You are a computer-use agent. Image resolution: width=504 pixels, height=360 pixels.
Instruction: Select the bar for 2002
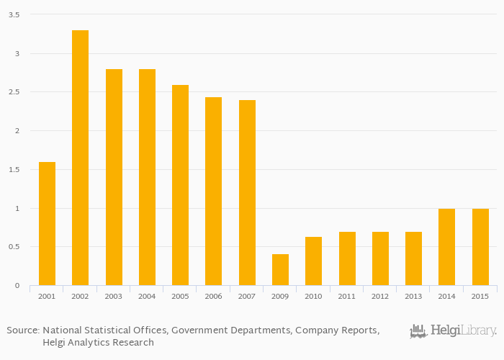click(80, 158)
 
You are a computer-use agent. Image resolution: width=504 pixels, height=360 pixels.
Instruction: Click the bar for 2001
click(47, 224)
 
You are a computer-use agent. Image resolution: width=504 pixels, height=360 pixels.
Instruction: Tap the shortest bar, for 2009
click(280, 270)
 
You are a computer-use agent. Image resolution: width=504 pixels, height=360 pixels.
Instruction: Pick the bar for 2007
click(247, 193)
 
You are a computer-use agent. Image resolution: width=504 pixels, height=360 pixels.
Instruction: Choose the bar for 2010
click(313, 261)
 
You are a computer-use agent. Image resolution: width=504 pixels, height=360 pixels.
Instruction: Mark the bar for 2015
click(480, 247)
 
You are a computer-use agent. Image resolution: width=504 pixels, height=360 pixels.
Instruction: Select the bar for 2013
click(413, 258)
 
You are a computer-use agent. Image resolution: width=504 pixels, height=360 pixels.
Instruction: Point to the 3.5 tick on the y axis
click(14, 15)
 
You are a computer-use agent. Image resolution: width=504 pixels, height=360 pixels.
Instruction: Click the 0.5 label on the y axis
click(14, 247)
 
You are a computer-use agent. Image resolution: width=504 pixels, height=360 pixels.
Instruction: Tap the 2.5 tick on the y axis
click(14, 92)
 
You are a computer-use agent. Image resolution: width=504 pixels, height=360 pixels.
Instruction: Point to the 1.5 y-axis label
click(14, 170)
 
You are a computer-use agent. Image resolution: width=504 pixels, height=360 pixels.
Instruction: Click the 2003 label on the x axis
click(114, 296)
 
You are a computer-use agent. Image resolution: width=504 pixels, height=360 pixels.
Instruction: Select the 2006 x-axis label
click(213, 296)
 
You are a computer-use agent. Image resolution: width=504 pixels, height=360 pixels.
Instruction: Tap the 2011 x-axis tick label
click(347, 296)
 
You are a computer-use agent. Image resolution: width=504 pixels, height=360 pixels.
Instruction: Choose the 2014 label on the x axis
click(446, 296)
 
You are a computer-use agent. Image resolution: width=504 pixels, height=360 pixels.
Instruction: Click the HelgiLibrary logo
click(453, 330)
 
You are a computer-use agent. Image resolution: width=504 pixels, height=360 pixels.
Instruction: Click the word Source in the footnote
click(22, 330)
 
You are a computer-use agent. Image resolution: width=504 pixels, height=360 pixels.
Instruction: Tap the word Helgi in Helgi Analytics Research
click(54, 343)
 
